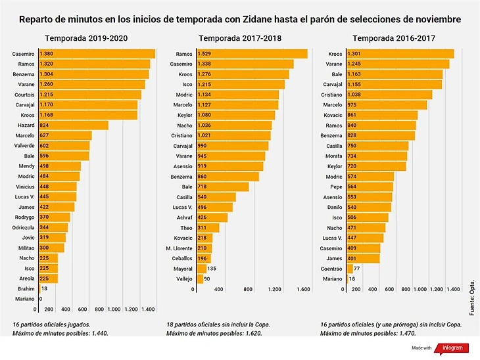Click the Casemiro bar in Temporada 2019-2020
click(97, 53)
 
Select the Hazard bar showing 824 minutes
click(73, 125)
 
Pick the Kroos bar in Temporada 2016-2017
click(398, 53)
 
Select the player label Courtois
click(24, 95)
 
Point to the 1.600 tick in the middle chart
click(303, 289)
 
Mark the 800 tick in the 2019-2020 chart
click(100, 309)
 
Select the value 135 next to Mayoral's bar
click(212, 268)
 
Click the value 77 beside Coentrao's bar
click(357, 268)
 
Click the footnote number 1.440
click(97, 333)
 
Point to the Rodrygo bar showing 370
click(54, 217)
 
